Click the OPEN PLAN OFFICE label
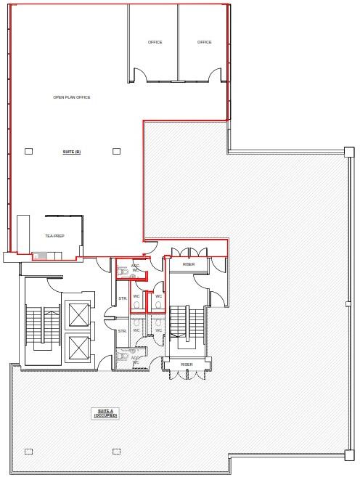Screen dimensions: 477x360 72,97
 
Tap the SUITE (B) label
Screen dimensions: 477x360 72,151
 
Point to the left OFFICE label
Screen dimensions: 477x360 155,42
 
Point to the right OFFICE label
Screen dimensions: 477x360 205,42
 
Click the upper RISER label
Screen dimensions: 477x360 189,264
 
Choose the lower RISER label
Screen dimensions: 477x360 187,364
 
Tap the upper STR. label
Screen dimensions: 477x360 122,299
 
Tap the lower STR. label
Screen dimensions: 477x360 122,331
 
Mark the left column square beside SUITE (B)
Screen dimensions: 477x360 28,151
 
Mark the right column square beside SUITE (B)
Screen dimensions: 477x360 116,151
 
